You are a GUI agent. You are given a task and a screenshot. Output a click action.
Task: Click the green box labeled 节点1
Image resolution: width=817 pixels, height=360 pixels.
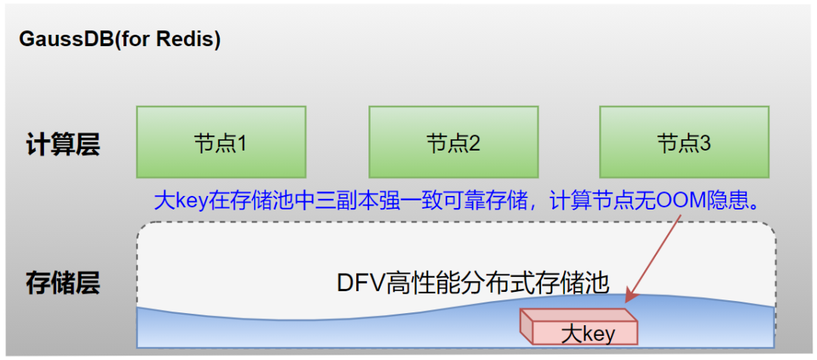[221, 142]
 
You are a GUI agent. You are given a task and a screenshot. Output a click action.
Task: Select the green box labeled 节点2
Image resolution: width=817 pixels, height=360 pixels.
[453, 142]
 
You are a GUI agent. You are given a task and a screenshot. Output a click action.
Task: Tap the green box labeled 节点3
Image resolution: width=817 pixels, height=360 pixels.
[684, 142]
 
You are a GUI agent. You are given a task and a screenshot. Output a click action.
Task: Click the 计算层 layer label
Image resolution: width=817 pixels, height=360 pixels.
[63, 144]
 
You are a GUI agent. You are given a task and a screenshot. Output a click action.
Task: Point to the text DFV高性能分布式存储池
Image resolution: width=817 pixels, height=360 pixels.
[472, 283]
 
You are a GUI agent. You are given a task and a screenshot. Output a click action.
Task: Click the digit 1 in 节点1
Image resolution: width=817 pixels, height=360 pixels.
[242, 143]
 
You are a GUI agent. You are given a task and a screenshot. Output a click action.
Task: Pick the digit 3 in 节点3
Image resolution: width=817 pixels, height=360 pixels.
[705, 143]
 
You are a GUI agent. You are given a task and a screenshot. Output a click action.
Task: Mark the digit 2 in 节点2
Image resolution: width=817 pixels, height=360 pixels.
[474, 143]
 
